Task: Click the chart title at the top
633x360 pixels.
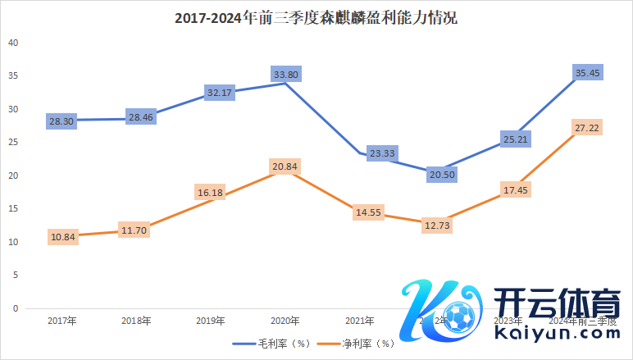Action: (316, 17)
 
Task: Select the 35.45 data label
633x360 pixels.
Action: (587, 73)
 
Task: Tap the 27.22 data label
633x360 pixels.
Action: (587, 129)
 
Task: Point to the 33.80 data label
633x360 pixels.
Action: (285, 74)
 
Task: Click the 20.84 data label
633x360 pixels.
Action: (285, 166)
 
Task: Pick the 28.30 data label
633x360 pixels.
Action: (62, 121)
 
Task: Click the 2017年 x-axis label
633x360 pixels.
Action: (62, 321)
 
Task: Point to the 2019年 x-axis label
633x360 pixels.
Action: (211, 321)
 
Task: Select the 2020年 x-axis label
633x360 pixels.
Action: (285, 321)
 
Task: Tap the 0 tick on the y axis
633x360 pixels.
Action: (15, 309)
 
